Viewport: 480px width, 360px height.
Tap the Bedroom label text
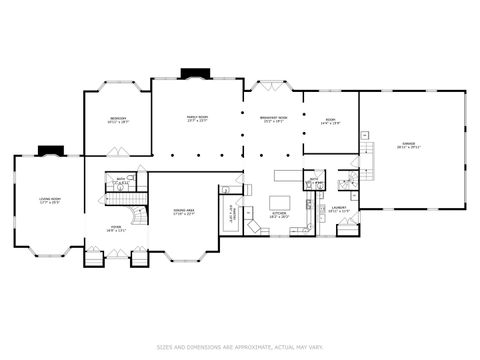[118, 120]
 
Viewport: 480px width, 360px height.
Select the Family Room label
[197, 118]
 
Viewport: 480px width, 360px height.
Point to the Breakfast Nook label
[274, 120]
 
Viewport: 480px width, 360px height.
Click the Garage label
[407, 146]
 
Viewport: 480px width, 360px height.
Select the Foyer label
[116, 227]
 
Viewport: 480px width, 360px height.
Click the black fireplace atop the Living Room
[48, 151]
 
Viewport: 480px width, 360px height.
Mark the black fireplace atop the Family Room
[191, 72]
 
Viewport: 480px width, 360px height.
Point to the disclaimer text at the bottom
[240, 347]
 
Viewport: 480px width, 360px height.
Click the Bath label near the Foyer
[120, 180]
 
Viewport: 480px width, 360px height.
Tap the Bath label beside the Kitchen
[314, 182]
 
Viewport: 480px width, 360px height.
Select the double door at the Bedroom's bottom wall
[118, 153]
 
